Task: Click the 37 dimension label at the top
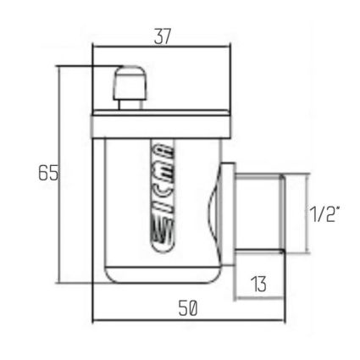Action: point(163,36)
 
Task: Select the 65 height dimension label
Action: point(48,173)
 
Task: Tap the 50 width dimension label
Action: point(188,308)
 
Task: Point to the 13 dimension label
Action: point(259,284)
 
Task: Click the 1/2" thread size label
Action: point(324,213)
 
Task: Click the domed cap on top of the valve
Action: point(130,82)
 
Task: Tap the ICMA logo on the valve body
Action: point(163,197)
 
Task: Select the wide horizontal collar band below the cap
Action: point(161,127)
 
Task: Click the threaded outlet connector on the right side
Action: point(259,213)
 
